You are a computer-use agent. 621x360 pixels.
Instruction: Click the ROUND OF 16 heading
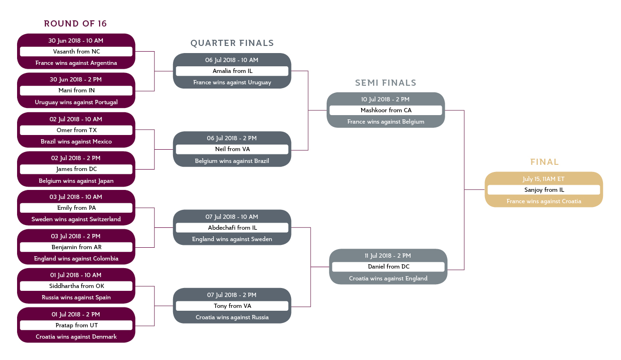(75, 24)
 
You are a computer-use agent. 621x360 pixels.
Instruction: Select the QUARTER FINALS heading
(232, 43)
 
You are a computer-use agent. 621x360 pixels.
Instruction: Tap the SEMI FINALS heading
(385, 83)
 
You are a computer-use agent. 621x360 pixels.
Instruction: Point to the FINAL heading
(544, 162)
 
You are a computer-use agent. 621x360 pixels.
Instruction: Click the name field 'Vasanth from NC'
(76, 52)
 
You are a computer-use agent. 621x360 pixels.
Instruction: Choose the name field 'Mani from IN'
(76, 90)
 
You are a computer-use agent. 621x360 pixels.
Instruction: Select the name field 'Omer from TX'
(76, 130)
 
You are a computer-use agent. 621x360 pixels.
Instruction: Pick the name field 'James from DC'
(76, 169)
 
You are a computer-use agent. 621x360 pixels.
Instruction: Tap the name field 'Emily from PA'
(76, 208)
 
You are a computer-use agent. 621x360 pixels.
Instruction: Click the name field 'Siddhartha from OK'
(76, 286)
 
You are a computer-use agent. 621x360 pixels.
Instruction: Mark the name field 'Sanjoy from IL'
(544, 190)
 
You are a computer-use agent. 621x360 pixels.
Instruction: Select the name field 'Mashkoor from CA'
(386, 110)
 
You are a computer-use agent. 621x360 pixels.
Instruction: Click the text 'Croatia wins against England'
(388, 279)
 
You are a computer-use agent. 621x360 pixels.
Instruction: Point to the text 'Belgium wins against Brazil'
(232, 161)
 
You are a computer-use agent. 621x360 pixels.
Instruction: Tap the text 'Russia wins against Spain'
(76, 297)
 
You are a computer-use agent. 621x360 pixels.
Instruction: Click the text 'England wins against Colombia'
(76, 259)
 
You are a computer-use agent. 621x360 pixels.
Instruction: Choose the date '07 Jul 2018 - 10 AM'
(232, 216)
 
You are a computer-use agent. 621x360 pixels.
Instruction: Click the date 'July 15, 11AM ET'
(544, 179)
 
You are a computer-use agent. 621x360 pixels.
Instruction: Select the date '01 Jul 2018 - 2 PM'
(76, 314)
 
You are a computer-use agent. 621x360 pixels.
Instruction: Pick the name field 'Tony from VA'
(232, 306)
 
